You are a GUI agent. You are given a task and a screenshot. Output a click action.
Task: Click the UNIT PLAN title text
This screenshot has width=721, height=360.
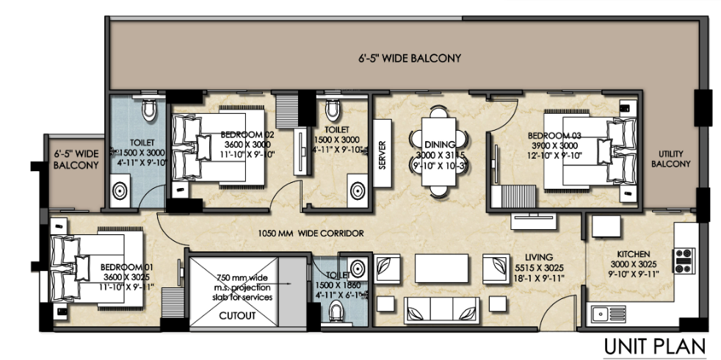point(655,345)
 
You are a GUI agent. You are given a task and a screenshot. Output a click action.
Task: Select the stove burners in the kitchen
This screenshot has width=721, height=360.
point(684,256)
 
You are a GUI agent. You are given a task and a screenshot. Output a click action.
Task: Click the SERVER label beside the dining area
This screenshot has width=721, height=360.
point(382,154)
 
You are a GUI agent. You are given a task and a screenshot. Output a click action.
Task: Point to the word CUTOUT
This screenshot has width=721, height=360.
point(237,316)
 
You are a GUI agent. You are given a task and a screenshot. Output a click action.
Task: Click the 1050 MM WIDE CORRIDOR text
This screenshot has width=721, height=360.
point(311,233)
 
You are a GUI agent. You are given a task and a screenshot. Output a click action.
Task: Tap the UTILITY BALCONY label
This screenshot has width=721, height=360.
point(670,158)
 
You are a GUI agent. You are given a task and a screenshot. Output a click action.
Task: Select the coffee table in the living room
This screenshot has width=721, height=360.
point(441,264)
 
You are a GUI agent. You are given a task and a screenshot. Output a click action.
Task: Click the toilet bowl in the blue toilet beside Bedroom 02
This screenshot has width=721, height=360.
point(150,110)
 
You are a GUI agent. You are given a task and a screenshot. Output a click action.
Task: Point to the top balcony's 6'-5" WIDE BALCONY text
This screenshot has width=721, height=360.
point(410,58)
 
